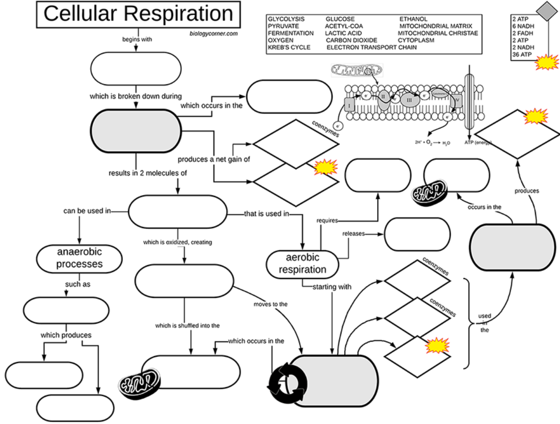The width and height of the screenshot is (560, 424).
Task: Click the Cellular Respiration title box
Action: pos(138,14)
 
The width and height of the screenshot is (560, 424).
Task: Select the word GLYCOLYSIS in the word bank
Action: pos(286,19)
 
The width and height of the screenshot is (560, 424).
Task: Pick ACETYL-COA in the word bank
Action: pos(344,26)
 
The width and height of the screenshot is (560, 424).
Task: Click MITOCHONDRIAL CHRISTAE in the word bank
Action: pos(438,33)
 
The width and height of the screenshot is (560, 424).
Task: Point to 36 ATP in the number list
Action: pos(521,54)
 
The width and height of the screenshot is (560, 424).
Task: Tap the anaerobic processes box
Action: pos(79,258)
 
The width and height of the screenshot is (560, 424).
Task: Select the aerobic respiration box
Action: pos(302,263)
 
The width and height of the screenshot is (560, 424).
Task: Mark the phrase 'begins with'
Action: pos(137,40)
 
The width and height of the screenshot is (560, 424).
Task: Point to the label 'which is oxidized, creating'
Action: pos(178,242)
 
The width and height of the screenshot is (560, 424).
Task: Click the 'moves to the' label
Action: pos(270,304)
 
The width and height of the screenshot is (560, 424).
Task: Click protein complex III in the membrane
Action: pos(409,100)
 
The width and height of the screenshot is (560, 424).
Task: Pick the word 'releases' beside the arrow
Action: pos(353,233)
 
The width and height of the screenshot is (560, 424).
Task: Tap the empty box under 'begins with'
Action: pos(136,68)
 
